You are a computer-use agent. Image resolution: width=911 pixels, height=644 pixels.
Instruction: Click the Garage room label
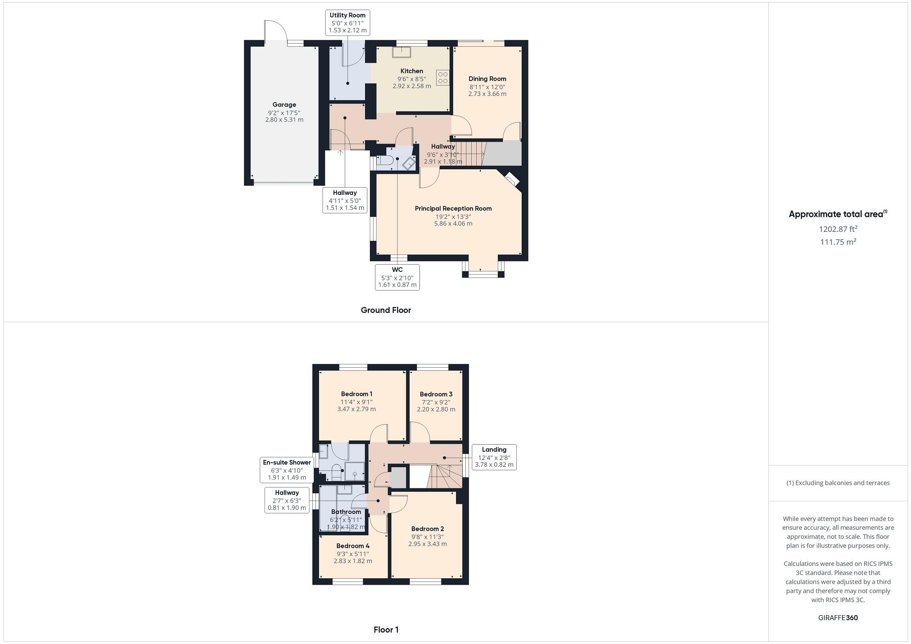[x=284, y=104]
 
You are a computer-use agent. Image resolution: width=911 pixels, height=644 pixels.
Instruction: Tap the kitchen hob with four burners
[x=442, y=77]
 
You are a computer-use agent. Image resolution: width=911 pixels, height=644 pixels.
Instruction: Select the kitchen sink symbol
[x=400, y=53]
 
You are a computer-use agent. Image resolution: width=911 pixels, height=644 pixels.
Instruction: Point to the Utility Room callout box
[x=347, y=23]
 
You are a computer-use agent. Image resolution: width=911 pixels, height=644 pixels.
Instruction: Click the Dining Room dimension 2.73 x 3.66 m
[x=487, y=94]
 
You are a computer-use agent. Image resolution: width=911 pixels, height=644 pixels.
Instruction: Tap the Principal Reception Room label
[x=453, y=208]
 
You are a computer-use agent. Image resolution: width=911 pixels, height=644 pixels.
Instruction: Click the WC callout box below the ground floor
[x=397, y=277]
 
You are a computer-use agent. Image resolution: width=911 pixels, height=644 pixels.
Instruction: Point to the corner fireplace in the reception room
[x=512, y=179]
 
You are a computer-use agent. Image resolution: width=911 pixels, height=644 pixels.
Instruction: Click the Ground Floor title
[x=386, y=310]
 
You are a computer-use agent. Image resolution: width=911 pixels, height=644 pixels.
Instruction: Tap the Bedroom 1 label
[x=356, y=394]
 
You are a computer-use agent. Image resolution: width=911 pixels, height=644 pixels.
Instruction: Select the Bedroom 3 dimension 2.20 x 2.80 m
[x=436, y=410]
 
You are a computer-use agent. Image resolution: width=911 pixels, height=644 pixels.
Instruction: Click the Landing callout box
[x=494, y=457]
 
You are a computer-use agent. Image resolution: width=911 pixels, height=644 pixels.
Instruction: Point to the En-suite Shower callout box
[x=287, y=470]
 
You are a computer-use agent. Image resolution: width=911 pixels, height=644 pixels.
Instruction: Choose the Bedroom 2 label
[x=427, y=529]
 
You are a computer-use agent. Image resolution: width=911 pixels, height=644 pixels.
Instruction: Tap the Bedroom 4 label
[x=353, y=546]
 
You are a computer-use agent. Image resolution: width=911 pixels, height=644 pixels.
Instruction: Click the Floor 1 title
[x=386, y=630]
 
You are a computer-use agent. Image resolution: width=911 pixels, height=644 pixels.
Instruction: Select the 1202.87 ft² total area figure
[x=838, y=229]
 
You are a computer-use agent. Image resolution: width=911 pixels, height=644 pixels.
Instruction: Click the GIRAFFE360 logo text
[x=838, y=618]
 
